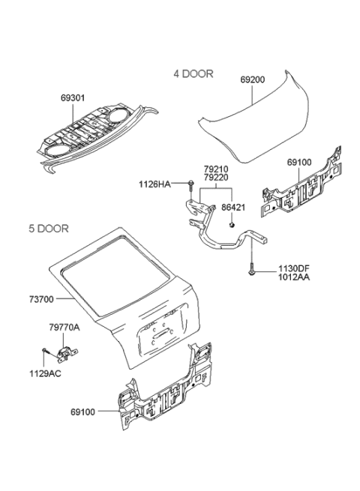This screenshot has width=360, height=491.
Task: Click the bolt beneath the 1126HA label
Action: (191, 184)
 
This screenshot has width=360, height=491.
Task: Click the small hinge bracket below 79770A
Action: (67, 352)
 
